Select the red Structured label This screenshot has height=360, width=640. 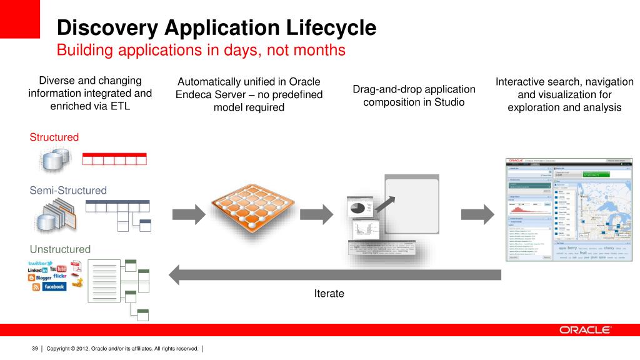[54, 137]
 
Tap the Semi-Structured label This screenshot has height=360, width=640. [68, 190]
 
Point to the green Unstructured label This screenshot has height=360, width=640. [60, 249]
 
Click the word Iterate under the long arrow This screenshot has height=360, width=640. [329, 293]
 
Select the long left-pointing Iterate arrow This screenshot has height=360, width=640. [334, 274]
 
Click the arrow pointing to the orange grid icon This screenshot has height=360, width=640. [188, 214]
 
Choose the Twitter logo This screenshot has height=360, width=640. [41, 263]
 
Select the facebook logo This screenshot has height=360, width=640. [54, 286]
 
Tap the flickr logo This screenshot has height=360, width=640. [59, 276]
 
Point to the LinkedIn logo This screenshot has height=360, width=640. [37, 270]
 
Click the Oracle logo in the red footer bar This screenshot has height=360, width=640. [585, 329]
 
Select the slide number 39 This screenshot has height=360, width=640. [35, 348]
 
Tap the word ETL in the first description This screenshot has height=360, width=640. [122, 106]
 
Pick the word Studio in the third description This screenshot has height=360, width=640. [449, 102]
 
